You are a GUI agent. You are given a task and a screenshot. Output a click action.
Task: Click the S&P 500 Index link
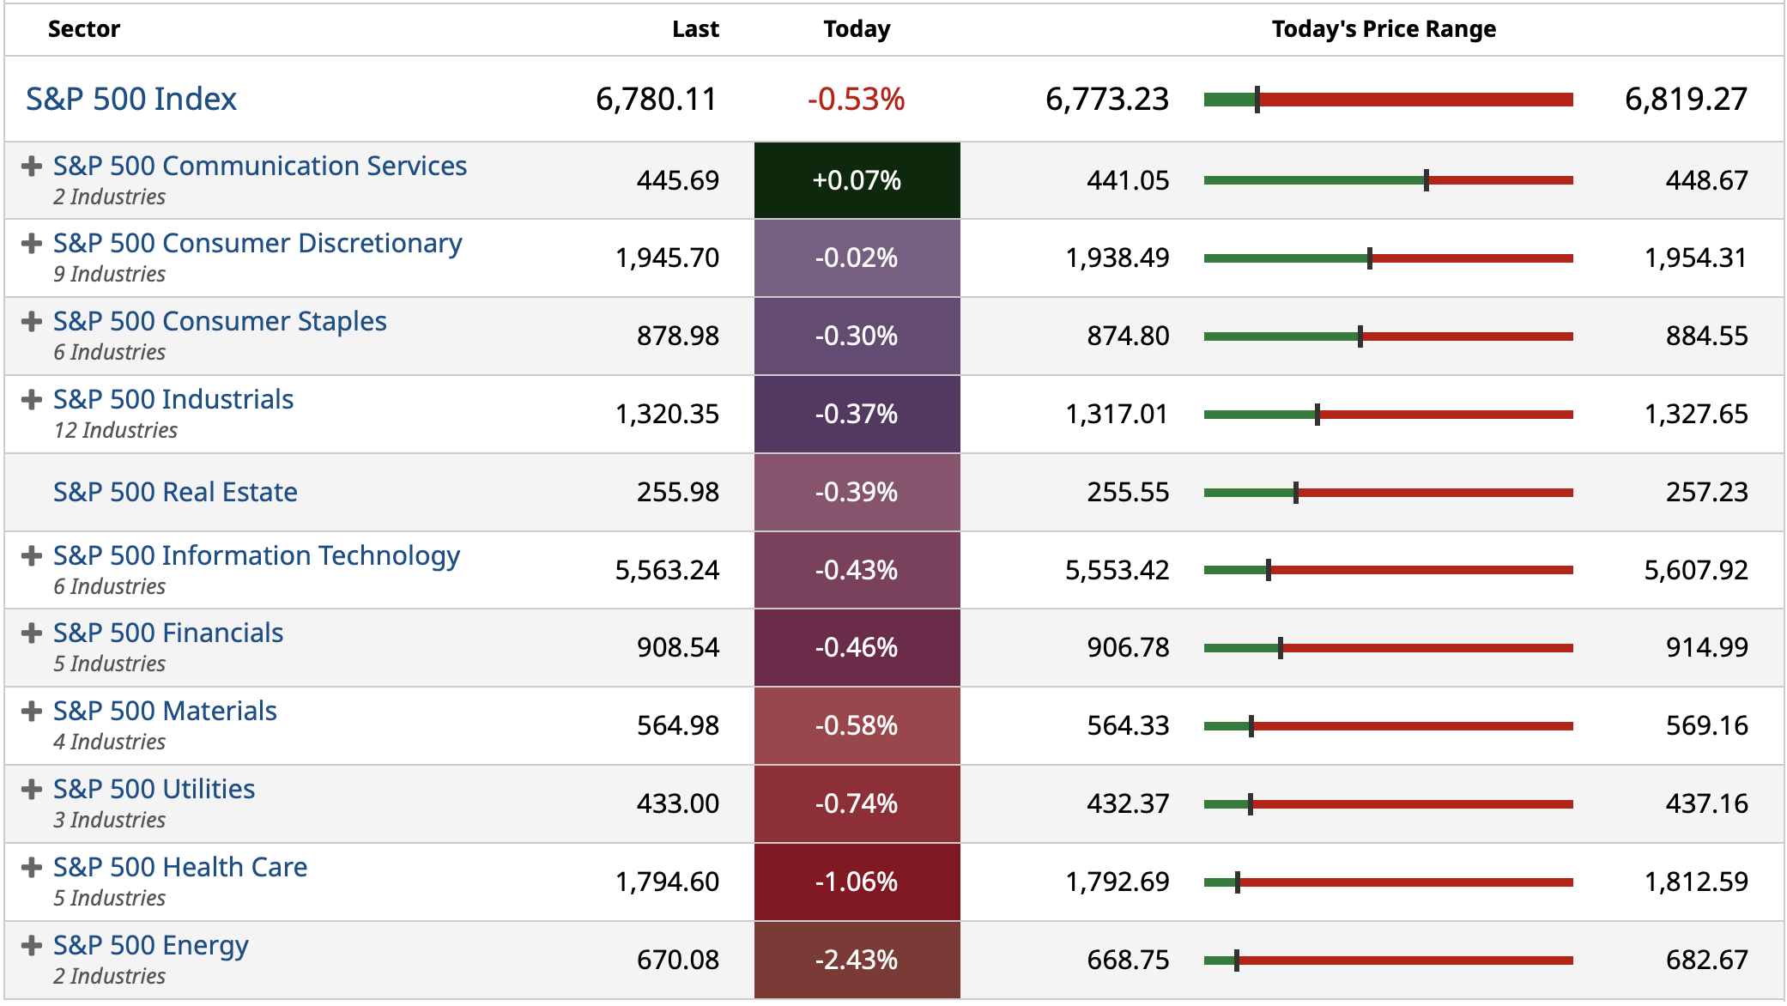pos(131,100)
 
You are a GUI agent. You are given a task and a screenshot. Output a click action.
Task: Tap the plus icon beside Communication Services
pos(32,167)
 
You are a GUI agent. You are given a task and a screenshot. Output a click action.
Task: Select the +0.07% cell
pos(857,180)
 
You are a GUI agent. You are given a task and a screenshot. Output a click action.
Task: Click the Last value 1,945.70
pos(667,258)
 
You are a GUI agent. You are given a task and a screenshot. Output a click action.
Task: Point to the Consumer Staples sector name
pos(220,322)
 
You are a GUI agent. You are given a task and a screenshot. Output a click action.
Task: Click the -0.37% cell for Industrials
pos(857,415)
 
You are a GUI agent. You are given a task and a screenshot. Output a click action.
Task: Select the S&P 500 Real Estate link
pos(175,493)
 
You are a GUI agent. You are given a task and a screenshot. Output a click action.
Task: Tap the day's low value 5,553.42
pos(1117,571)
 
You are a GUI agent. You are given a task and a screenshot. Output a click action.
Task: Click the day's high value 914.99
pos(1706,648)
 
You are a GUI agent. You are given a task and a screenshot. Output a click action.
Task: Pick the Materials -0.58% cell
pos(857,726)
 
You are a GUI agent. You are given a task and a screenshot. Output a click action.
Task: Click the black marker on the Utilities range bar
pos(1251,804)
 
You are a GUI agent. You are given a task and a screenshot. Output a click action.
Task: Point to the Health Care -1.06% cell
pos(857,882)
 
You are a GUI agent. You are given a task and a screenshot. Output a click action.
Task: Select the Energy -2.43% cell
pos(857,961)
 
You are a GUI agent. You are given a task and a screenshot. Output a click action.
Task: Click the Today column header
pos(857,30)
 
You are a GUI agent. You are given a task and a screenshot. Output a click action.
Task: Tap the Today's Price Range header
pos(1384,30)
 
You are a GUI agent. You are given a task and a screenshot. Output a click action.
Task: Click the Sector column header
pos(84,30)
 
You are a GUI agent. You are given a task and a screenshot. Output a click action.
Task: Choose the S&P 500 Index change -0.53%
pos(856,100)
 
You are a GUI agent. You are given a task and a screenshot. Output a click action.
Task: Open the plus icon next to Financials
pos(32,633)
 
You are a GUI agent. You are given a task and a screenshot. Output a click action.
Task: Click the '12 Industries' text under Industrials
pos(116,431)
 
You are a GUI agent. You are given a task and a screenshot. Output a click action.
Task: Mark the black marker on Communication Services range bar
pos(1427,180)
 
